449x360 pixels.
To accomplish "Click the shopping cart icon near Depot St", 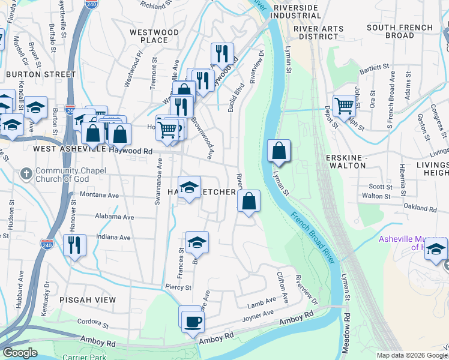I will [344, 106].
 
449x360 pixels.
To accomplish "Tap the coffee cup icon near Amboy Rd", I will [193, 321].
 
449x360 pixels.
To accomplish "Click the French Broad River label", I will [313, 235].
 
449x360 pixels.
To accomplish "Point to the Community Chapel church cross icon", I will [26, 174].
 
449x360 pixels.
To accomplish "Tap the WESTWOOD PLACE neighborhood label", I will [154, 36].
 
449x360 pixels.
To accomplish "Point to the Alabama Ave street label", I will [114, 216].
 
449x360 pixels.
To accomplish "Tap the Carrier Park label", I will [84, 356].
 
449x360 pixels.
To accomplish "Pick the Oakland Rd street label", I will [420, 209].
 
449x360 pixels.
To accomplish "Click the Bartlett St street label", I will [375, 70].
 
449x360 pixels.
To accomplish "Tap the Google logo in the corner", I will [20, 353].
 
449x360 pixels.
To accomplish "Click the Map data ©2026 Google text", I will [412, 355].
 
